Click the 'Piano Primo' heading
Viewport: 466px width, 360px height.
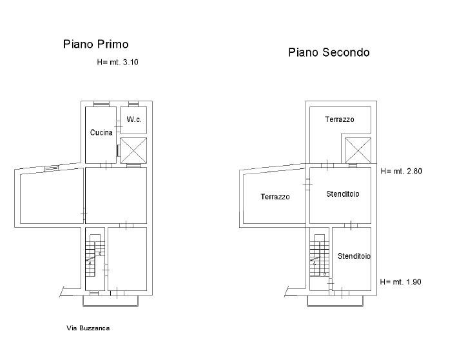tap(95, 45)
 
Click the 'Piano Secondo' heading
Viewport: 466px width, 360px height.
tap(329, 53)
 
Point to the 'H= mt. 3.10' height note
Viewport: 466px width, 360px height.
tap(117, 63)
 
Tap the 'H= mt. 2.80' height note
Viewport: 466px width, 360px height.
tap(401, 172)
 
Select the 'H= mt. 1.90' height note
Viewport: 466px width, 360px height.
tap(401, 282)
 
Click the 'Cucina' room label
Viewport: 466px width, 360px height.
tap(101, 132)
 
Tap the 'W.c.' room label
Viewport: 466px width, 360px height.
tap(134, 119)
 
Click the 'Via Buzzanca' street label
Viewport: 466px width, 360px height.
tap(88, 328)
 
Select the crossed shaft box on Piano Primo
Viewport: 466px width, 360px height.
tap(134, 150)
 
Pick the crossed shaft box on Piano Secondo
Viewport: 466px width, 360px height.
tap(358, 150)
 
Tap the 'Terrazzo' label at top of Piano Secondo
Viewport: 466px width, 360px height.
tap(339, 119)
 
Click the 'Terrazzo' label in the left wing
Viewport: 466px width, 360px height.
tap(275, 197)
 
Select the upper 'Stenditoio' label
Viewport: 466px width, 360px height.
tap(343, 194)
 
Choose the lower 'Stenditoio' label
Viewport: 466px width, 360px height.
tap(354, 256)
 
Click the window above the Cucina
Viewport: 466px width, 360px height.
tap(101, 104)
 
